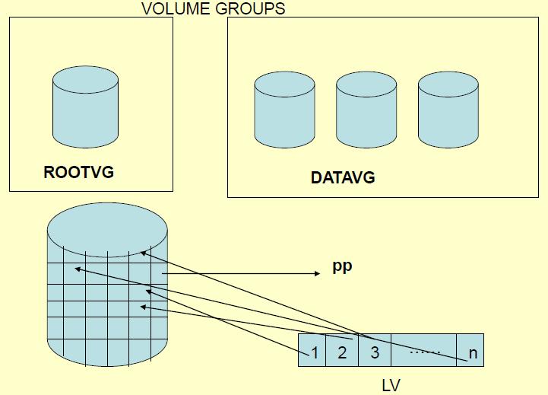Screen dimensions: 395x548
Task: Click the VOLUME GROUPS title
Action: click(x=214, y=8)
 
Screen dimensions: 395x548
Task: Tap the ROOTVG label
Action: click(x=79, y=172)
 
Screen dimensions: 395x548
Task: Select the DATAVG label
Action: click(x=343, y=179)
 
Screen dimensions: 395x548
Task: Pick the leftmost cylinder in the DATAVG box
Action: click(x=285, y=111)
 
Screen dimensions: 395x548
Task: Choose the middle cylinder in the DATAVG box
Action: click(x=367, y=111)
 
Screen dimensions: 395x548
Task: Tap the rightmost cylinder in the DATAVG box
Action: click(x=449, y=111)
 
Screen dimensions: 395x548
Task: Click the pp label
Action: click(x=343, y=268)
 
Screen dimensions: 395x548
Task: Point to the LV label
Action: click(x=390, y=385)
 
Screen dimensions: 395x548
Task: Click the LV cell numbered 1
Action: click(x=313, y=352)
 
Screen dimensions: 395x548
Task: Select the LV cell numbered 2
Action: click(x=341, y=352)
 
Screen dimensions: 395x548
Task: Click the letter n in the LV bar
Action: click(x=473, y=354)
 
